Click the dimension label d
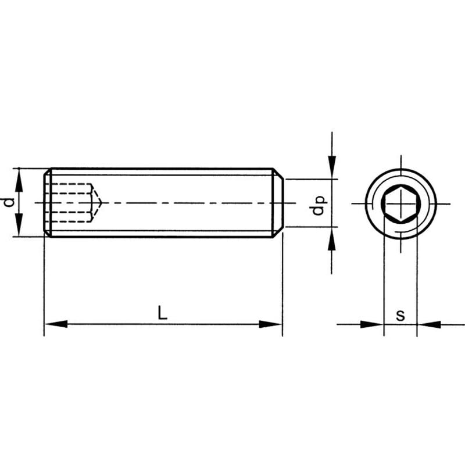point(9,202)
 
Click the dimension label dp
point(318,205)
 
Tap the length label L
point(163,313)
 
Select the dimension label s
point(400,316)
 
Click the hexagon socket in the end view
point(400,203)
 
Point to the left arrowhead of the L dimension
point(56,324)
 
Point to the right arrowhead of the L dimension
point(270,324)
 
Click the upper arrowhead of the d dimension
point(19,180)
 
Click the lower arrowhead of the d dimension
point(19,225)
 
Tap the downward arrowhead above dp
point(332,167)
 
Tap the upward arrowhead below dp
point(332,239)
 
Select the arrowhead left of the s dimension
point(371,324)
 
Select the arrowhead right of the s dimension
point(430,324)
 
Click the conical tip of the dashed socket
point(102,203)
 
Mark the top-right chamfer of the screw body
point(278,173)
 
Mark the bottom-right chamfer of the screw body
point(278,232)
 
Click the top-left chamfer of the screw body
point(47,171)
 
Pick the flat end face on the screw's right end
point(283,203)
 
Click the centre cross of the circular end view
point(400,204)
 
